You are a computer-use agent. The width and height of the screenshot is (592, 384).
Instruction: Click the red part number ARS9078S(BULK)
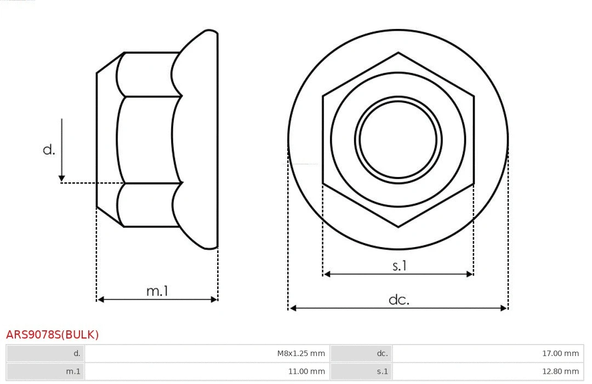pos(52,335)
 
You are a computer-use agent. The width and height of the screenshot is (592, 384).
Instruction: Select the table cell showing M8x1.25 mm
pos(300,353)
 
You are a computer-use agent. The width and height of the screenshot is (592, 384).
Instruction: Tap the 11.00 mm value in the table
pos(306,371)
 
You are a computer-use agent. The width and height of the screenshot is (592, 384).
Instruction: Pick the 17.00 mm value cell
pos(560,353)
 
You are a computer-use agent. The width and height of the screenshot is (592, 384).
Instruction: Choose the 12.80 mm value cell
pos(560,371)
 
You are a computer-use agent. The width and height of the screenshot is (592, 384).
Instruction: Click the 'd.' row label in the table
pos(77,353)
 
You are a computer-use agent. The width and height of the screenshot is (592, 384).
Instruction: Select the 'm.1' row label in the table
pos(73,371)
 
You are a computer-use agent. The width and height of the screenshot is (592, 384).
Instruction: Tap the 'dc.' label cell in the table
pos(382,353)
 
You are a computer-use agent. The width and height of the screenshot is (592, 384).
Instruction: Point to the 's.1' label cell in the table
pos(382,371)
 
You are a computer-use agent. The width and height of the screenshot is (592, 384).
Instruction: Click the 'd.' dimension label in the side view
pos(49,150)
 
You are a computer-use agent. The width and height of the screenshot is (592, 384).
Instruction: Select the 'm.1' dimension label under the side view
pos(157,291)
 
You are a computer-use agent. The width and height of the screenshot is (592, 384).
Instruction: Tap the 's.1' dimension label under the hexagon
pos(400,266)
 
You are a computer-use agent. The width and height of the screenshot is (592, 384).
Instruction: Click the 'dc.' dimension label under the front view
pos(399,300)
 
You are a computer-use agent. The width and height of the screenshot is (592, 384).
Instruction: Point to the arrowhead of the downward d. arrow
pos(62,178)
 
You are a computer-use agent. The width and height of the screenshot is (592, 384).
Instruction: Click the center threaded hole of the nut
pos(398,140)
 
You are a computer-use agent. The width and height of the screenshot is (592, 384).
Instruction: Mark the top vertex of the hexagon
pos(398,53)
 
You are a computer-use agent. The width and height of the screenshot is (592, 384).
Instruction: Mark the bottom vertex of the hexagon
pos(398,226)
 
